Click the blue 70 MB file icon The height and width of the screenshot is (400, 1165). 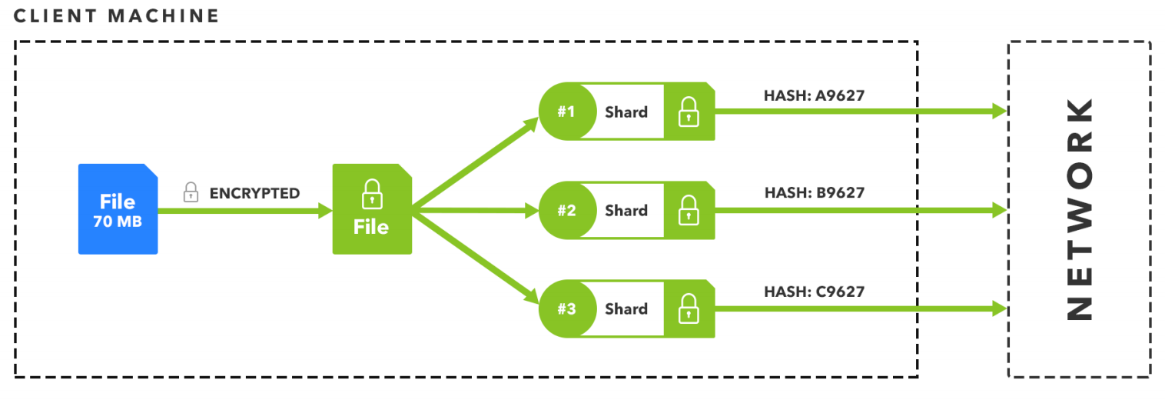(x=118, y=208)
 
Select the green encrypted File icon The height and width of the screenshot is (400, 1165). (x=371, y=208)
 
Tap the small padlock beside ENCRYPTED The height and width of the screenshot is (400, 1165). (x=191, y=193)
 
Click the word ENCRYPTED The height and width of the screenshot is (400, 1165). (x=254, y=193)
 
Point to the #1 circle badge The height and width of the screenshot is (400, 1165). (x=566, y=112)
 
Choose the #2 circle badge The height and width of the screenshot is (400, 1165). (x=566, y=210)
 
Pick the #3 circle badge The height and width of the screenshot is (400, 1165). (x=566, y=308)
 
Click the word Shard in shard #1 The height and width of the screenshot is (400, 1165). (x=626, y=112)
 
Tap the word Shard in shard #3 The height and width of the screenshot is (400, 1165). (x=626, y=308)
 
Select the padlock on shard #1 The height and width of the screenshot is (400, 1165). (x=688, y=112)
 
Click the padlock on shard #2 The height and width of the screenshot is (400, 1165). (x=688, y=210)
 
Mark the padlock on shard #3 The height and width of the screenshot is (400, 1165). (x=688, y=308)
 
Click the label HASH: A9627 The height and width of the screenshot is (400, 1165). (x=814, y=95)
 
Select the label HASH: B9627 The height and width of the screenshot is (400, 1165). (x=814, y=193)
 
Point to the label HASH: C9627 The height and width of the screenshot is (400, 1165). (x=814, y=292)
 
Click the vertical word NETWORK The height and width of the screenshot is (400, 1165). (x=1080, y=208)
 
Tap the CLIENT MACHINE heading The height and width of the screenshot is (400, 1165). (x=116, y=16)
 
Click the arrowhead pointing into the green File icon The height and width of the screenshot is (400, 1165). (x=325, y=210)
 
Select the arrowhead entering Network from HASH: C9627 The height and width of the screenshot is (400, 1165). (x=999, y=308)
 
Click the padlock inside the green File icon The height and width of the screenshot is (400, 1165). (x=371, y=195)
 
